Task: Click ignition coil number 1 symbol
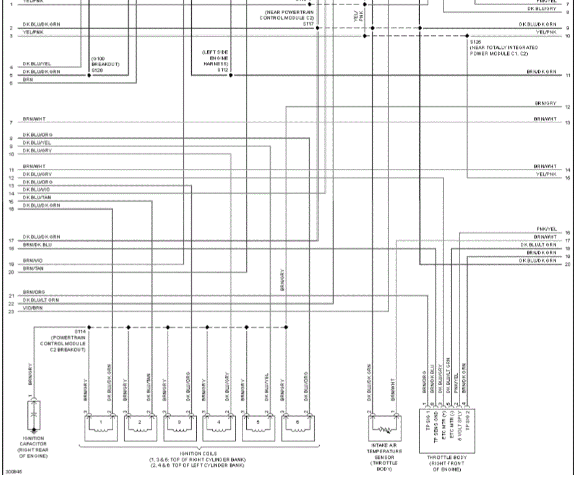(100, 426)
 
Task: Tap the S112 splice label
(223, 70)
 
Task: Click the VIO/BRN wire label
(33, 307)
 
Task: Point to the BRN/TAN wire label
(33, 268)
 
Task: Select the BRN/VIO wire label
(33, 260)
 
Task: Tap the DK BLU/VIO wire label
(36, 189)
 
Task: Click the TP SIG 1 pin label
(424, 425)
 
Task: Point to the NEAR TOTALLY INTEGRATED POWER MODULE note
(503, 50)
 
